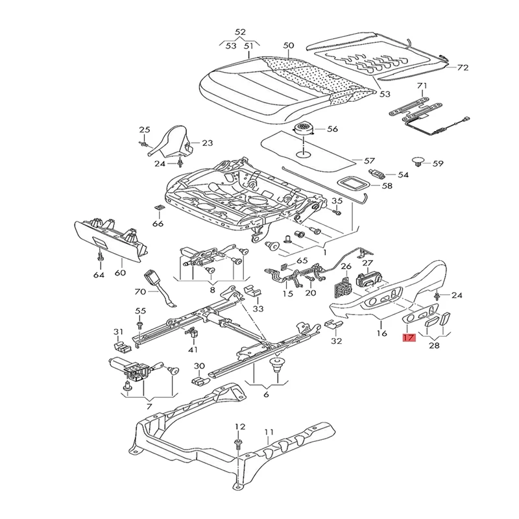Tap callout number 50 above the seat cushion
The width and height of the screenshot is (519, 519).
pyautogui.click(x=289, y=45)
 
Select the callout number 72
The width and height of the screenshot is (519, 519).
pyautogui.click(x=462, y=67)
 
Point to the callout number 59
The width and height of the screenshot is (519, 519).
pyautogui.click(x=438, y=163)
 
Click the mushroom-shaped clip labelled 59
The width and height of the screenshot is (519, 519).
pyautogui.click(x=418, y=161)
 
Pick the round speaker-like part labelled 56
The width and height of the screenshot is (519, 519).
pyautogui.click(x=304, y=128)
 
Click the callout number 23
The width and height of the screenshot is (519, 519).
pyautogui.click(x=207, y=143)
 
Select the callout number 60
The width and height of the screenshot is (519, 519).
pyautogui.click(x=119, y=273)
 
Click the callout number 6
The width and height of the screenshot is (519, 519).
pyautogui.click(x=265, y=394)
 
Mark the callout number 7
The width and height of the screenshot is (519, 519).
pyautogui.click(x=150, y=405)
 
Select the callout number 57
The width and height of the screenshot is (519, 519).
pyautogui.click(x=369, y=160)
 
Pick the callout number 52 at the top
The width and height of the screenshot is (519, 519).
pyautogui.click(x=240, y=32)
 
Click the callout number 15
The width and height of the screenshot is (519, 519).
pyautogui.click(x=288, y=294)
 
